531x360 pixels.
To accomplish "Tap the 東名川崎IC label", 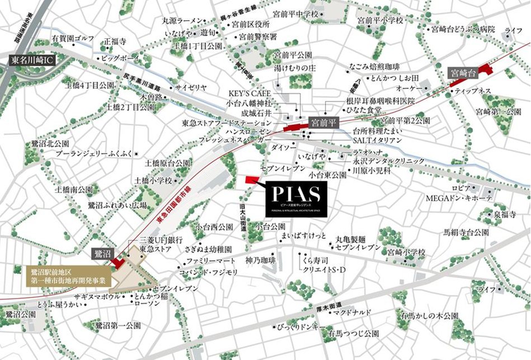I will [32, 60].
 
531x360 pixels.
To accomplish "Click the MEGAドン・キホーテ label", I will [459, 198].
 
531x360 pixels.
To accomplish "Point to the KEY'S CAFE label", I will [250, 93].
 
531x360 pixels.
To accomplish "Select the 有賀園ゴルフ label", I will [72, 39].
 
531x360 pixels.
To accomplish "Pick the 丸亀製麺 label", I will [351, 239].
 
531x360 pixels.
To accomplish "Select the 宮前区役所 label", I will [251, 25].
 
